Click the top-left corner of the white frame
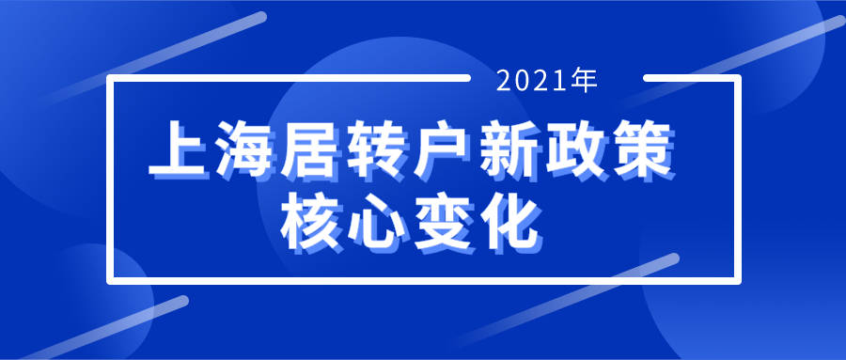click(x=109, y=78)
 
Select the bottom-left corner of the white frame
click(x=109, y=279)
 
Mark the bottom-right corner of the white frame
click(x=739, y=279)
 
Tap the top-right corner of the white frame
click(x=739, y=78)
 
